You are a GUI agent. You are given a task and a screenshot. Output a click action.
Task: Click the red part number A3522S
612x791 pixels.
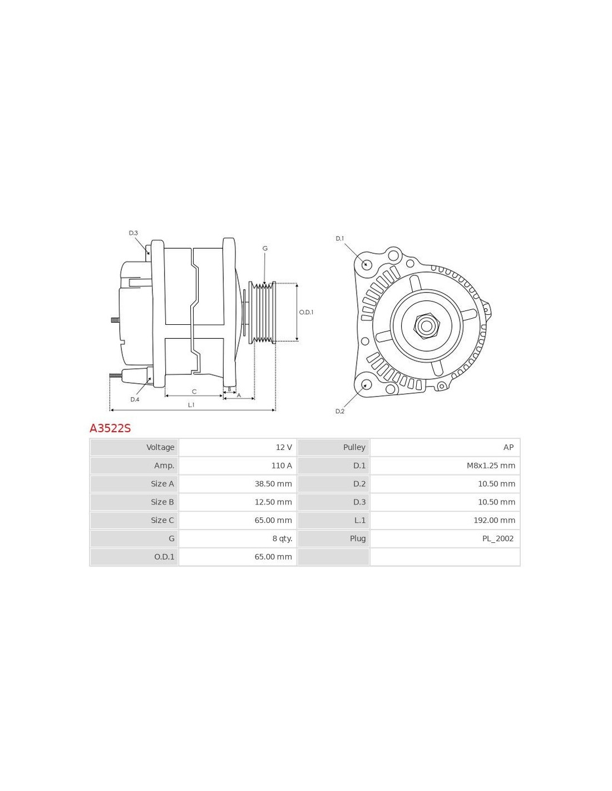[x=110, y=428]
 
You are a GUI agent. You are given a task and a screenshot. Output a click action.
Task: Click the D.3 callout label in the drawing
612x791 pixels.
[x=134, y=233]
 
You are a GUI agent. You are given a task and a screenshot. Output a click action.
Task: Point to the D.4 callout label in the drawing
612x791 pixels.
[x=135, y=399]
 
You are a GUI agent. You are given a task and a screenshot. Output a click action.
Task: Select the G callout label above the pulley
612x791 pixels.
[x=265, y=248]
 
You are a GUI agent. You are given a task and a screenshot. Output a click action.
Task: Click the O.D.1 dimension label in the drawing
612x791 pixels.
[x=306, y=312]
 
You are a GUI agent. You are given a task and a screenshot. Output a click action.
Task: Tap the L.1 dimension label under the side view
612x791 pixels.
[x=191, y=405]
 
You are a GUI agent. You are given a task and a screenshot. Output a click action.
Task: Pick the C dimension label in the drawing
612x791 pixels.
[x=194, y=392]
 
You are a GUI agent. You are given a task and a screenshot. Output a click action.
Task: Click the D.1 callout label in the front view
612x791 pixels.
[x=339, y=239]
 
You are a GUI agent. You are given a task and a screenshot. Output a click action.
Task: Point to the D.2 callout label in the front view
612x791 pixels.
[x=339, y=411]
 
